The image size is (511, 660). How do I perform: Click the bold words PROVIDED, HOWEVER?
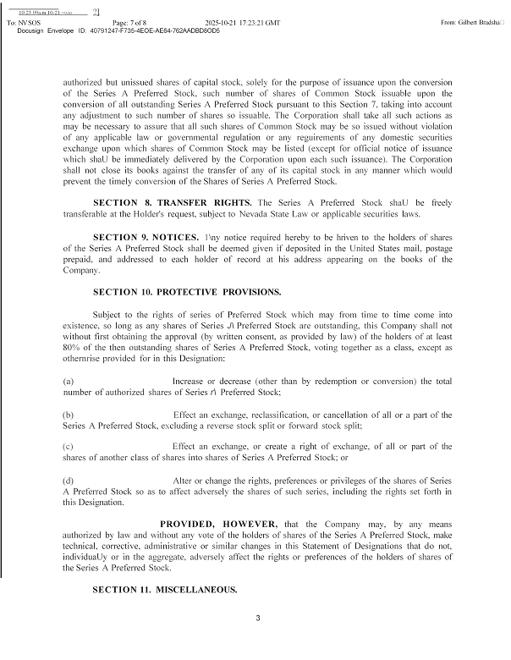point(218,525)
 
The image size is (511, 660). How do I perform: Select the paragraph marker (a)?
point(69,382)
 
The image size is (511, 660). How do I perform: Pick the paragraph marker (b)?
point(69,415)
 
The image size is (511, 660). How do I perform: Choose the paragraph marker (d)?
point(69,480)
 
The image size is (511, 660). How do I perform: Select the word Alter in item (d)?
point(183,480)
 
